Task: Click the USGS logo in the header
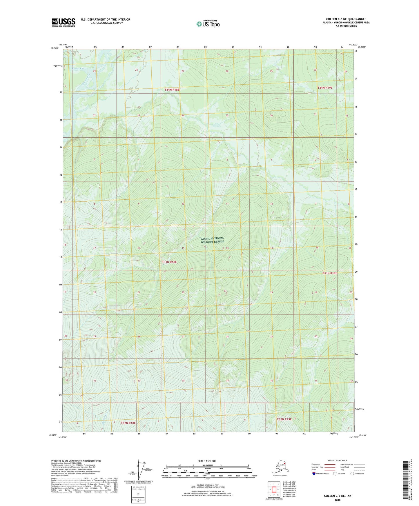(x=63, y=22)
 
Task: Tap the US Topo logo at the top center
(x=208, y=24)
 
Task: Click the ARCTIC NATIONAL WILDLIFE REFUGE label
(x=212, y=240)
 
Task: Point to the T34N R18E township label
(x=172, y=90)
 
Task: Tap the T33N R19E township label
(x=330, y=273)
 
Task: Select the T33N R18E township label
(x=169, y=262)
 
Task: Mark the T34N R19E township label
(x=325, y=88)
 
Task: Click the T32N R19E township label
(x=284, y=419)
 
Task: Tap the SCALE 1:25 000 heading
(x=207, y=461)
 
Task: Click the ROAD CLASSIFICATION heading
(x=338, y=461)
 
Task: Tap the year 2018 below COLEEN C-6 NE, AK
(x=337, y=500)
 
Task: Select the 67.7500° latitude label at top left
(x=55, y=48)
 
